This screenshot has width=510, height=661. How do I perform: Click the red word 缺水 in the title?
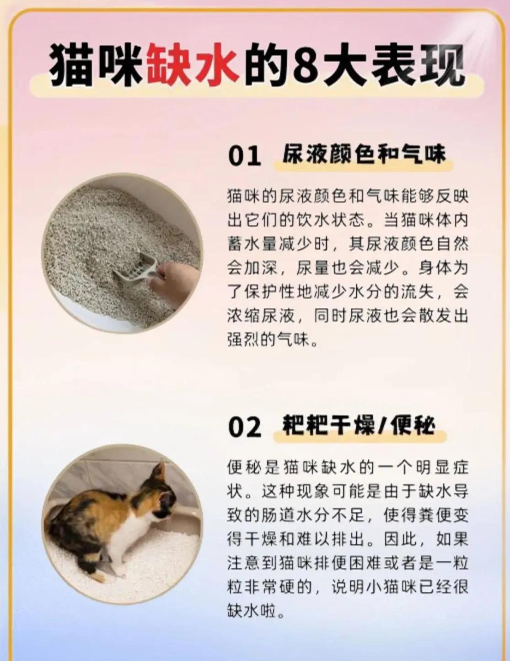[x=193, y=65]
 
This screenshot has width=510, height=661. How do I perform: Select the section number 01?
[x=245, y=156]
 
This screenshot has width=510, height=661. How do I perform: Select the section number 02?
[x=245, y=428]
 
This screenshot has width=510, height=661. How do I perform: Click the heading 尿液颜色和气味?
[x=364, y=155]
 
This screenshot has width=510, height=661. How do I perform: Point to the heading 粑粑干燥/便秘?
[x=359, y=425]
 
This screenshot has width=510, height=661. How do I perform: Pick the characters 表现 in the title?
[x=417, y=65]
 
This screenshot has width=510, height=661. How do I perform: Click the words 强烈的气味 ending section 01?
[x=270, y=339]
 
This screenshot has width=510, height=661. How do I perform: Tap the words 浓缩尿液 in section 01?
[x=261, y=317]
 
